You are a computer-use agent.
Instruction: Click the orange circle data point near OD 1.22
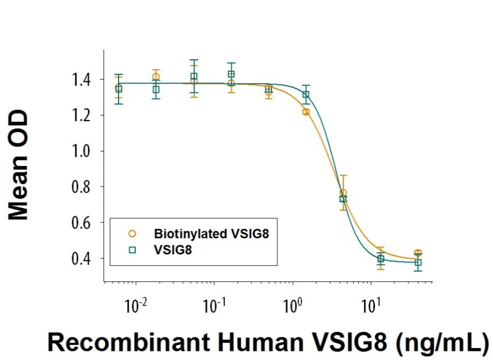[x=306, y=112]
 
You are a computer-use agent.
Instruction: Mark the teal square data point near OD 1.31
[x=306, y=95]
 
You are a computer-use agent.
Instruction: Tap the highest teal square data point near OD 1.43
[x=231, y=74]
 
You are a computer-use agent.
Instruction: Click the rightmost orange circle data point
[x=418, y=253]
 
